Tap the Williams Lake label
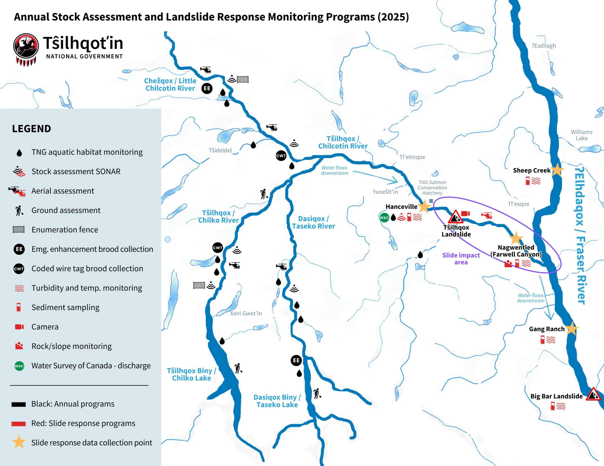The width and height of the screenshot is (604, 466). pyautogui.click(x=582, y=135)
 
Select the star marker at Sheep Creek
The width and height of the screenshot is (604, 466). pyautogui.click(x=557, y=170)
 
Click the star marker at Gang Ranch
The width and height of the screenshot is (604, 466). pyautogui.click(x=572, y=328)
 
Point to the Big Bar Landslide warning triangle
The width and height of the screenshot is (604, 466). pyautogui.click(x=593, y=395)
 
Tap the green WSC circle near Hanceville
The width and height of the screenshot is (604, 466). pyautogui.click(x=384, y=218)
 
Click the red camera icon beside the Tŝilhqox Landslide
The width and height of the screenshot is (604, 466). pyautogui.click(x=466, y=213)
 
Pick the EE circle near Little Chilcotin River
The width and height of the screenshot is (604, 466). pyautogui.click(x=207, y=88)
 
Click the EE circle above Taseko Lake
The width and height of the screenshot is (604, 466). pyautogui.click(x=296, y=360)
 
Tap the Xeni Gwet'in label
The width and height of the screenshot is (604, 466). pyautogui.click(x=246, y=314)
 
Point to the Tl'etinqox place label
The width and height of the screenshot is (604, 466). pyautogui.click(x=412, y=157)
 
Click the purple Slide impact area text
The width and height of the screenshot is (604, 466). pyautogui.click(x=461, y=258)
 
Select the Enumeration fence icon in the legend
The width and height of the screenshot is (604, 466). pyautogui.click(x=19, y=229)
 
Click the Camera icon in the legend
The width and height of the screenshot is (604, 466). pyautogui.click(x=19, y=327)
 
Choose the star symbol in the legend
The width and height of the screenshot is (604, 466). pyautogui.click(x=19, y=442)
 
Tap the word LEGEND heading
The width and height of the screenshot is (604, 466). pyautogui.click(x=32, y=129)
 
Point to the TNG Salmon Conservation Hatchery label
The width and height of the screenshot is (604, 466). pyautogui.click(x=432, y=188)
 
